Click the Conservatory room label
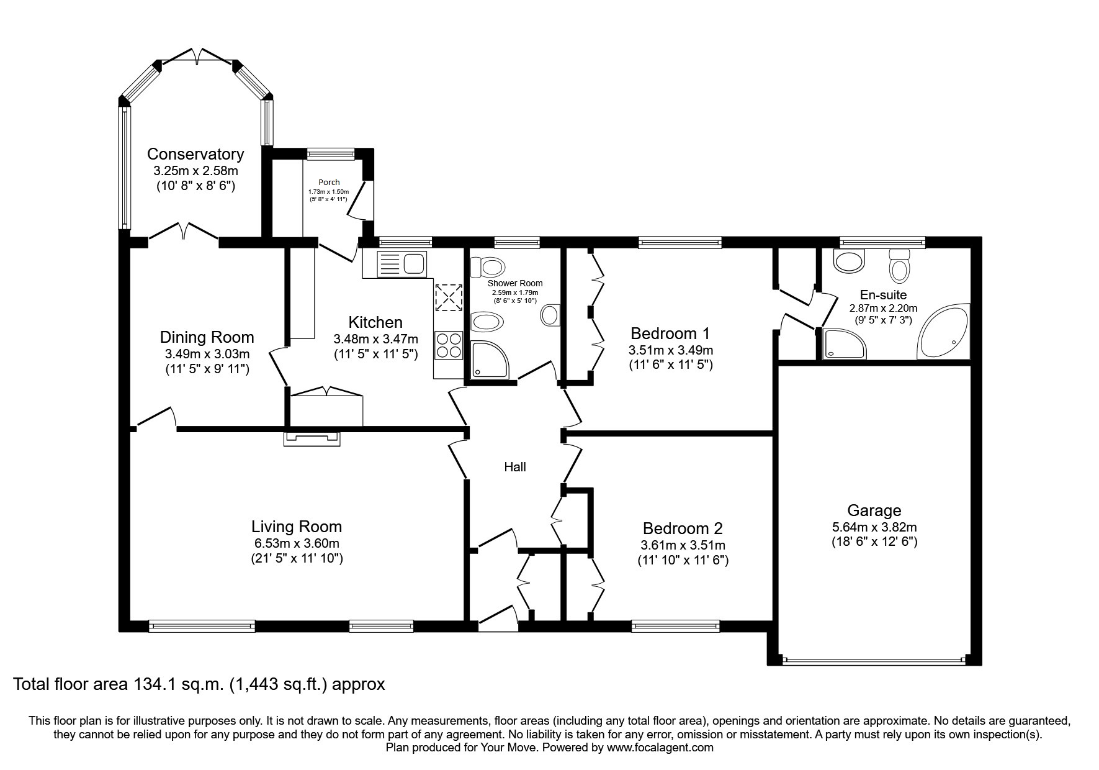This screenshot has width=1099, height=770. point(195,154)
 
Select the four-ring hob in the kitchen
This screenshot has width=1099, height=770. point(449,345)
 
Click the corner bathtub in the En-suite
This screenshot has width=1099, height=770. point(943,332)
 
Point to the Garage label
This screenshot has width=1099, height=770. point(874,510)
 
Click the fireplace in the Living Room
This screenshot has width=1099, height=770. point(312,439)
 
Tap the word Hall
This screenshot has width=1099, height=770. point(515,467)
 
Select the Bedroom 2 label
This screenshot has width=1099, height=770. point(683,528)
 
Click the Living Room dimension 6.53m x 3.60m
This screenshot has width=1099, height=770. point(297,543)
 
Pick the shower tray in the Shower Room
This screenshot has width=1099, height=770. point(490,360)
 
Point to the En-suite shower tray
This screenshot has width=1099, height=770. point(843,344)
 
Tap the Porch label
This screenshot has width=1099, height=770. point(329,183)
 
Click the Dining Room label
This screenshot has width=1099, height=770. point(207,337)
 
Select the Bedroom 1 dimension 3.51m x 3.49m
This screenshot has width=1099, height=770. point(671,350)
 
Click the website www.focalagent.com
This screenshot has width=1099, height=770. point(660,748)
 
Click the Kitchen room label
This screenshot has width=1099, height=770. point(375,322)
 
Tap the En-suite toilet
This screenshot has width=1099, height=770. point(899,266)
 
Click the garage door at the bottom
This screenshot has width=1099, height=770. point(874,661)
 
